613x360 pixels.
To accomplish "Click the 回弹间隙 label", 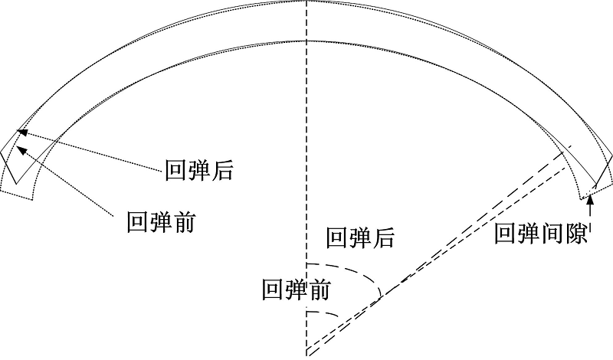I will (x=541, y=234).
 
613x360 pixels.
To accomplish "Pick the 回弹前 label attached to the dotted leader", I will (x=162, y=224).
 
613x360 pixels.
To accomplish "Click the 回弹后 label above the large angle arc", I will (x=360, y=237).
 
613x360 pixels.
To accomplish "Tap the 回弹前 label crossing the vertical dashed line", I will (x=296, y=290).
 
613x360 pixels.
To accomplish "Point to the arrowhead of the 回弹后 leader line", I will (x=30, y=133).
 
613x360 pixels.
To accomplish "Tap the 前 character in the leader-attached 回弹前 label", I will (x=185, y=224).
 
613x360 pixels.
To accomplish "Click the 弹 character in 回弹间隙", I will (x=529, y=234).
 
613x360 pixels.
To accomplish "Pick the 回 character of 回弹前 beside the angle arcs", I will (x=273, y=290).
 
